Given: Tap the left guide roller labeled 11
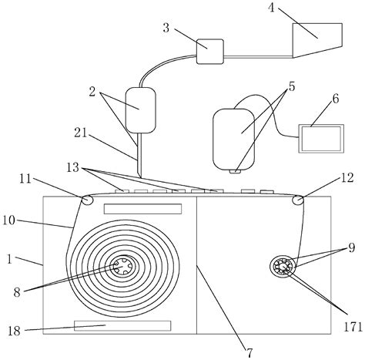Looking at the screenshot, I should tap(87, 200).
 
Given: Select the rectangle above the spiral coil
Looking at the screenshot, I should tap(142, 208).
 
